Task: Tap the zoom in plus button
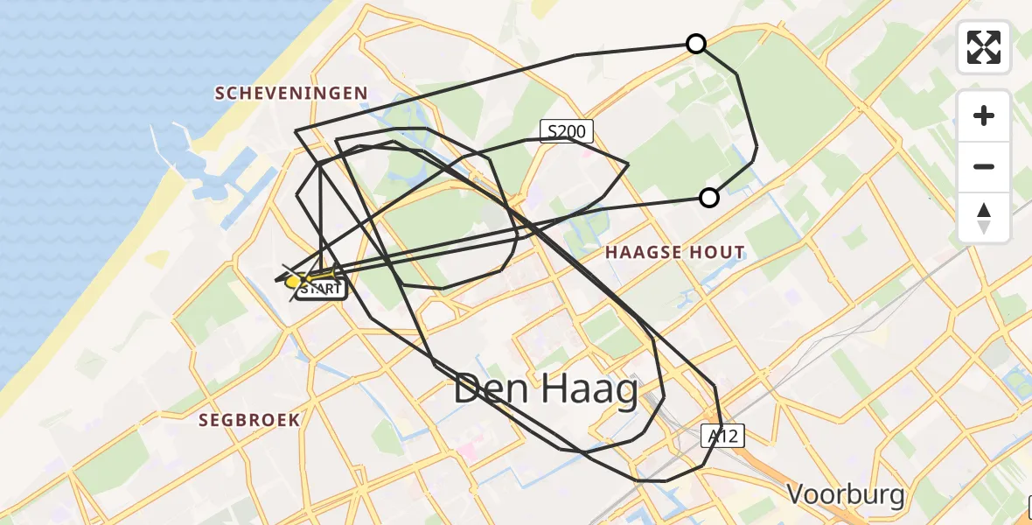click(984, 115)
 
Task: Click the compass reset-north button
click(984, 218)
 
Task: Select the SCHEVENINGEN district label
click(291, 94)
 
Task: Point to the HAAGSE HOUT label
click(676, 253)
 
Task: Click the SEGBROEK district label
click(249, 420)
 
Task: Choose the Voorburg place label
click(846, 494)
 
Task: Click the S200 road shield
click(566, 132)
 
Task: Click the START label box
click(321, 289)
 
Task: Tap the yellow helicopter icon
click(297, 280)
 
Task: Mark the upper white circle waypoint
click(696, 44)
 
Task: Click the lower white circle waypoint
click(709, 198)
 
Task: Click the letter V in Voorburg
click(797, 494)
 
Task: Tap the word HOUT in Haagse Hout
click(717, 253)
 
